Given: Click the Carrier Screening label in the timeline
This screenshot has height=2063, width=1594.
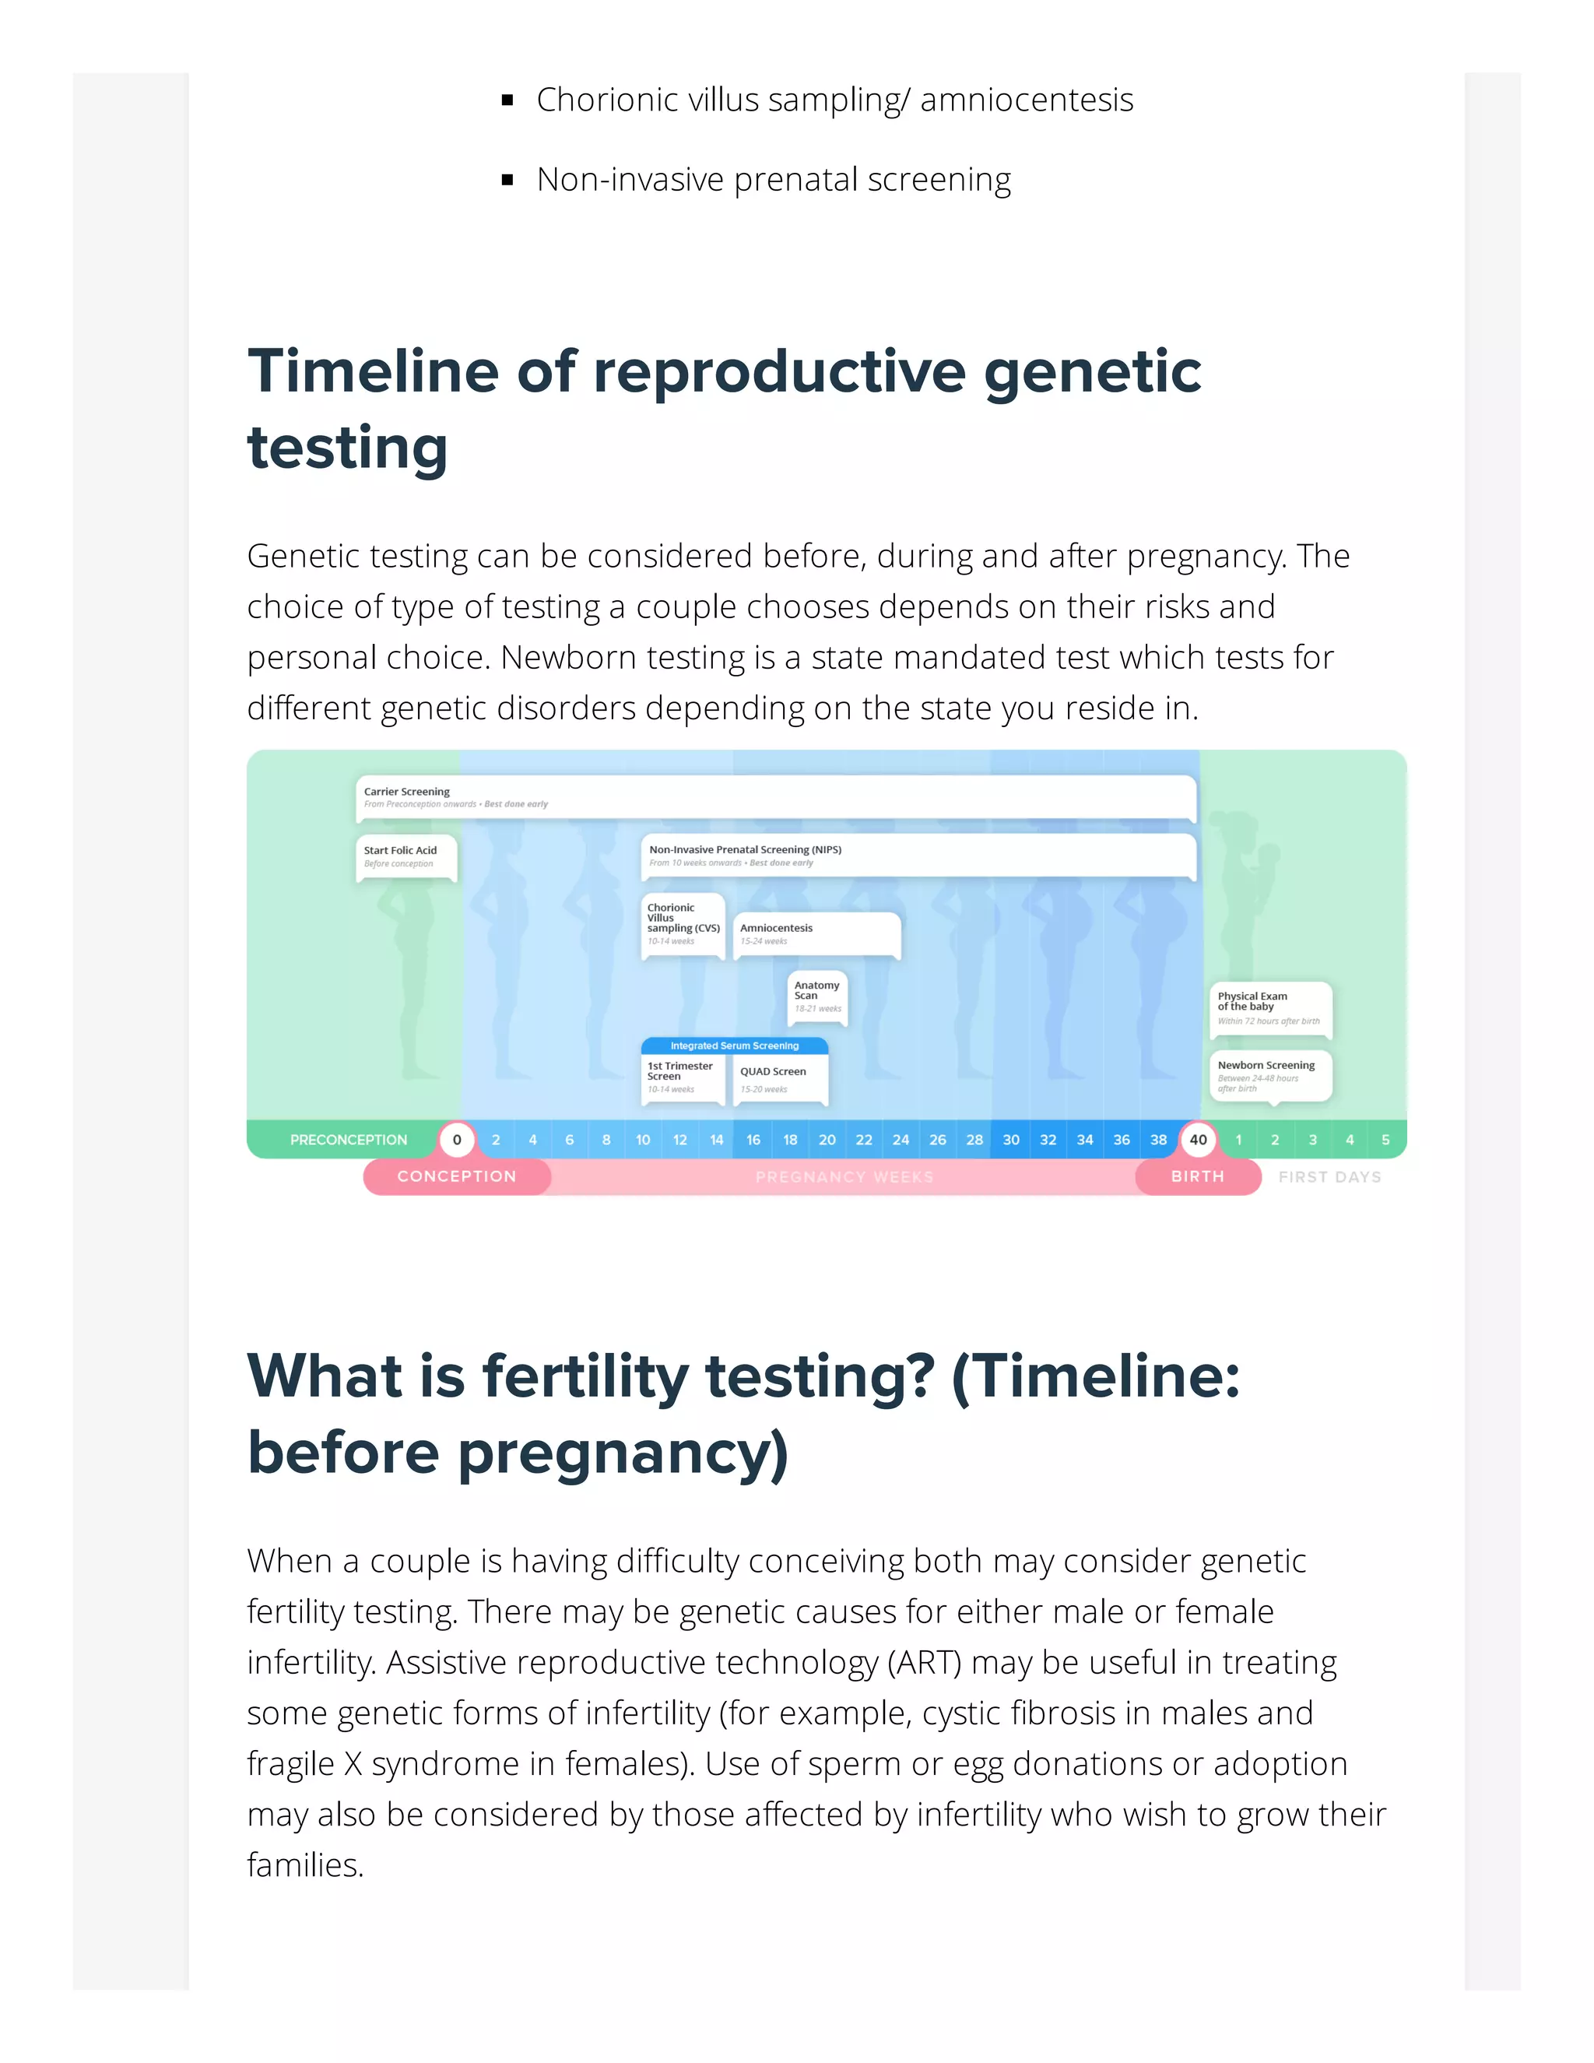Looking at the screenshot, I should [407, 792].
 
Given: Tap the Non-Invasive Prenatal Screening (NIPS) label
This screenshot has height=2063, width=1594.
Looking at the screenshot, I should [745, 849].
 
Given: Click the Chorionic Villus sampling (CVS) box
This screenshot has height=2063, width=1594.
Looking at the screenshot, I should [683, 924].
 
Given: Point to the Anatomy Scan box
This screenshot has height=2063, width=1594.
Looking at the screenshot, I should [816, 996].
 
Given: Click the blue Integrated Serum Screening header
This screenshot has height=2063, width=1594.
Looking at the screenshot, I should [735, 1046].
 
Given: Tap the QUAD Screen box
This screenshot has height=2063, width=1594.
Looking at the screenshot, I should [780, 1077].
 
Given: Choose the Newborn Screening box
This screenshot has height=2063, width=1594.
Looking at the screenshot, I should [1270, 1075].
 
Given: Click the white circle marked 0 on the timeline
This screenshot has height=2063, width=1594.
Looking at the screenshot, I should [457, 1139].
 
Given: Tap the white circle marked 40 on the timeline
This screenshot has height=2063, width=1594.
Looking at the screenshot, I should [1197, 1139].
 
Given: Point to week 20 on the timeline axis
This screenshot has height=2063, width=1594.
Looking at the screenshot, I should [827, 1139].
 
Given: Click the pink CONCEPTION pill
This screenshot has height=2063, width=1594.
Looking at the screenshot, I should [457, 1176].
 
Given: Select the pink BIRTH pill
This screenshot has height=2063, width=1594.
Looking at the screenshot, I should [1197, 1176].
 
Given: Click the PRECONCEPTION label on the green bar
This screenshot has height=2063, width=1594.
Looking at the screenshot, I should [349, 1139].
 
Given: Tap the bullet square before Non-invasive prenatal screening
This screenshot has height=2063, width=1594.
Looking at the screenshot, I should [508, 180].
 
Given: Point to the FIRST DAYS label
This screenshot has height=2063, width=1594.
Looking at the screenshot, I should [1329, 1177].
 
